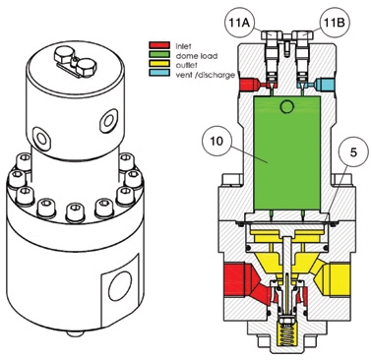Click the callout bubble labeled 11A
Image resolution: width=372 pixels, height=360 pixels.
[238, 23]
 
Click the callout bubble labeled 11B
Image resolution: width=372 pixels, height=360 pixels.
[334, 23]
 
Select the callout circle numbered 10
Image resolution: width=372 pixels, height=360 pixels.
[217, 142]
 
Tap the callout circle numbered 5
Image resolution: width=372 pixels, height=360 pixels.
[352, 153]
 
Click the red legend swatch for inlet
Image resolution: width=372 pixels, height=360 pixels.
[159, 45]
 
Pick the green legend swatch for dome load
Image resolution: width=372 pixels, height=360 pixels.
[159, 55]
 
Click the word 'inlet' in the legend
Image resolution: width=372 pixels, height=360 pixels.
[183, 46]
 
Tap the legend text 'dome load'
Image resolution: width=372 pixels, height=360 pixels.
[197, 56]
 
